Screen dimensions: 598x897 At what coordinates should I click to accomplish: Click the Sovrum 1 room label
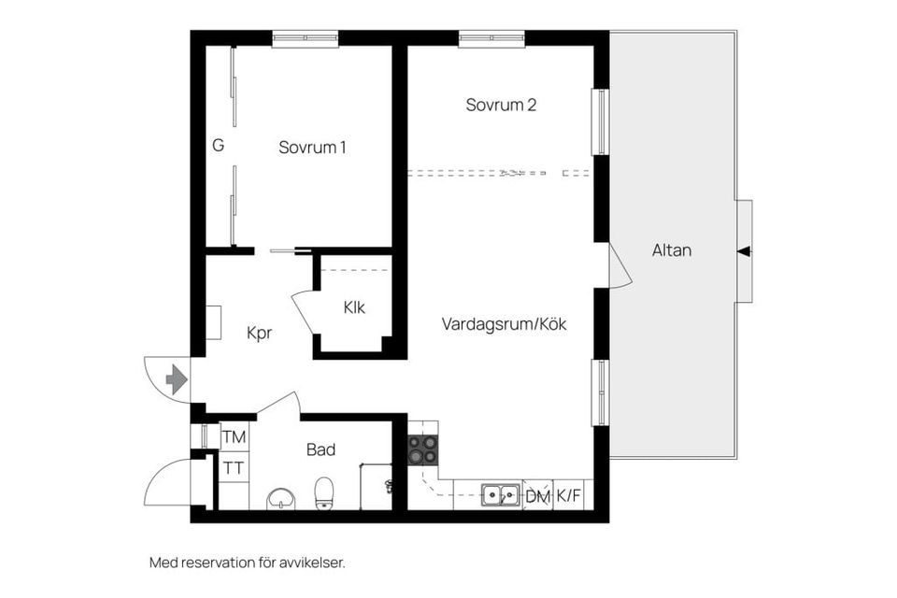click(312, 148)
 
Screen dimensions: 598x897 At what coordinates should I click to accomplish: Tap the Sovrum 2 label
click(501, 106)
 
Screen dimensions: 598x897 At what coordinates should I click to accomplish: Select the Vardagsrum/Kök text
click(505, 324)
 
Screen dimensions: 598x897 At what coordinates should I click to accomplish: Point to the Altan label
click(672, 250)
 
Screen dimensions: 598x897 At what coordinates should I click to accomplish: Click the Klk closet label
click(354, 306)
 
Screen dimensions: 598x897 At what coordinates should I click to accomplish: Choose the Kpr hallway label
click(259, 333)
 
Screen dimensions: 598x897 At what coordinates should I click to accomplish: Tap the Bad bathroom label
click(320, 450)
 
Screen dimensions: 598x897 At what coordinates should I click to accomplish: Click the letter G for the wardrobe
click(218, 146)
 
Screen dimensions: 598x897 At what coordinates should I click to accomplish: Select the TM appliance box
click(234, 437)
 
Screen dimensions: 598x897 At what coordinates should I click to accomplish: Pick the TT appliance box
click(234, 467)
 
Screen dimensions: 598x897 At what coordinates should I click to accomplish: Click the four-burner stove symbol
click(422, 450)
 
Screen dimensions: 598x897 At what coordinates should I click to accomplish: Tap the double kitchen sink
click(501, 494)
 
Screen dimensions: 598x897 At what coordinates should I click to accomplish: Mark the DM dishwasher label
click(537, 497)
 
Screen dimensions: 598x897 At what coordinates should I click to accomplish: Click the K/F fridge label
click(568, 496)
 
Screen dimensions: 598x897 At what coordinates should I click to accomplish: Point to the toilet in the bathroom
click(324, 492)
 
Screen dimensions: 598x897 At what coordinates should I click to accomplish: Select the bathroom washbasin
click(280, 498)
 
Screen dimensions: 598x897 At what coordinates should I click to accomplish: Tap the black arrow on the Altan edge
click(744, 250)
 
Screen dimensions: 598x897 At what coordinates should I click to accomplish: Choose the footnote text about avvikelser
click(248, 562)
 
